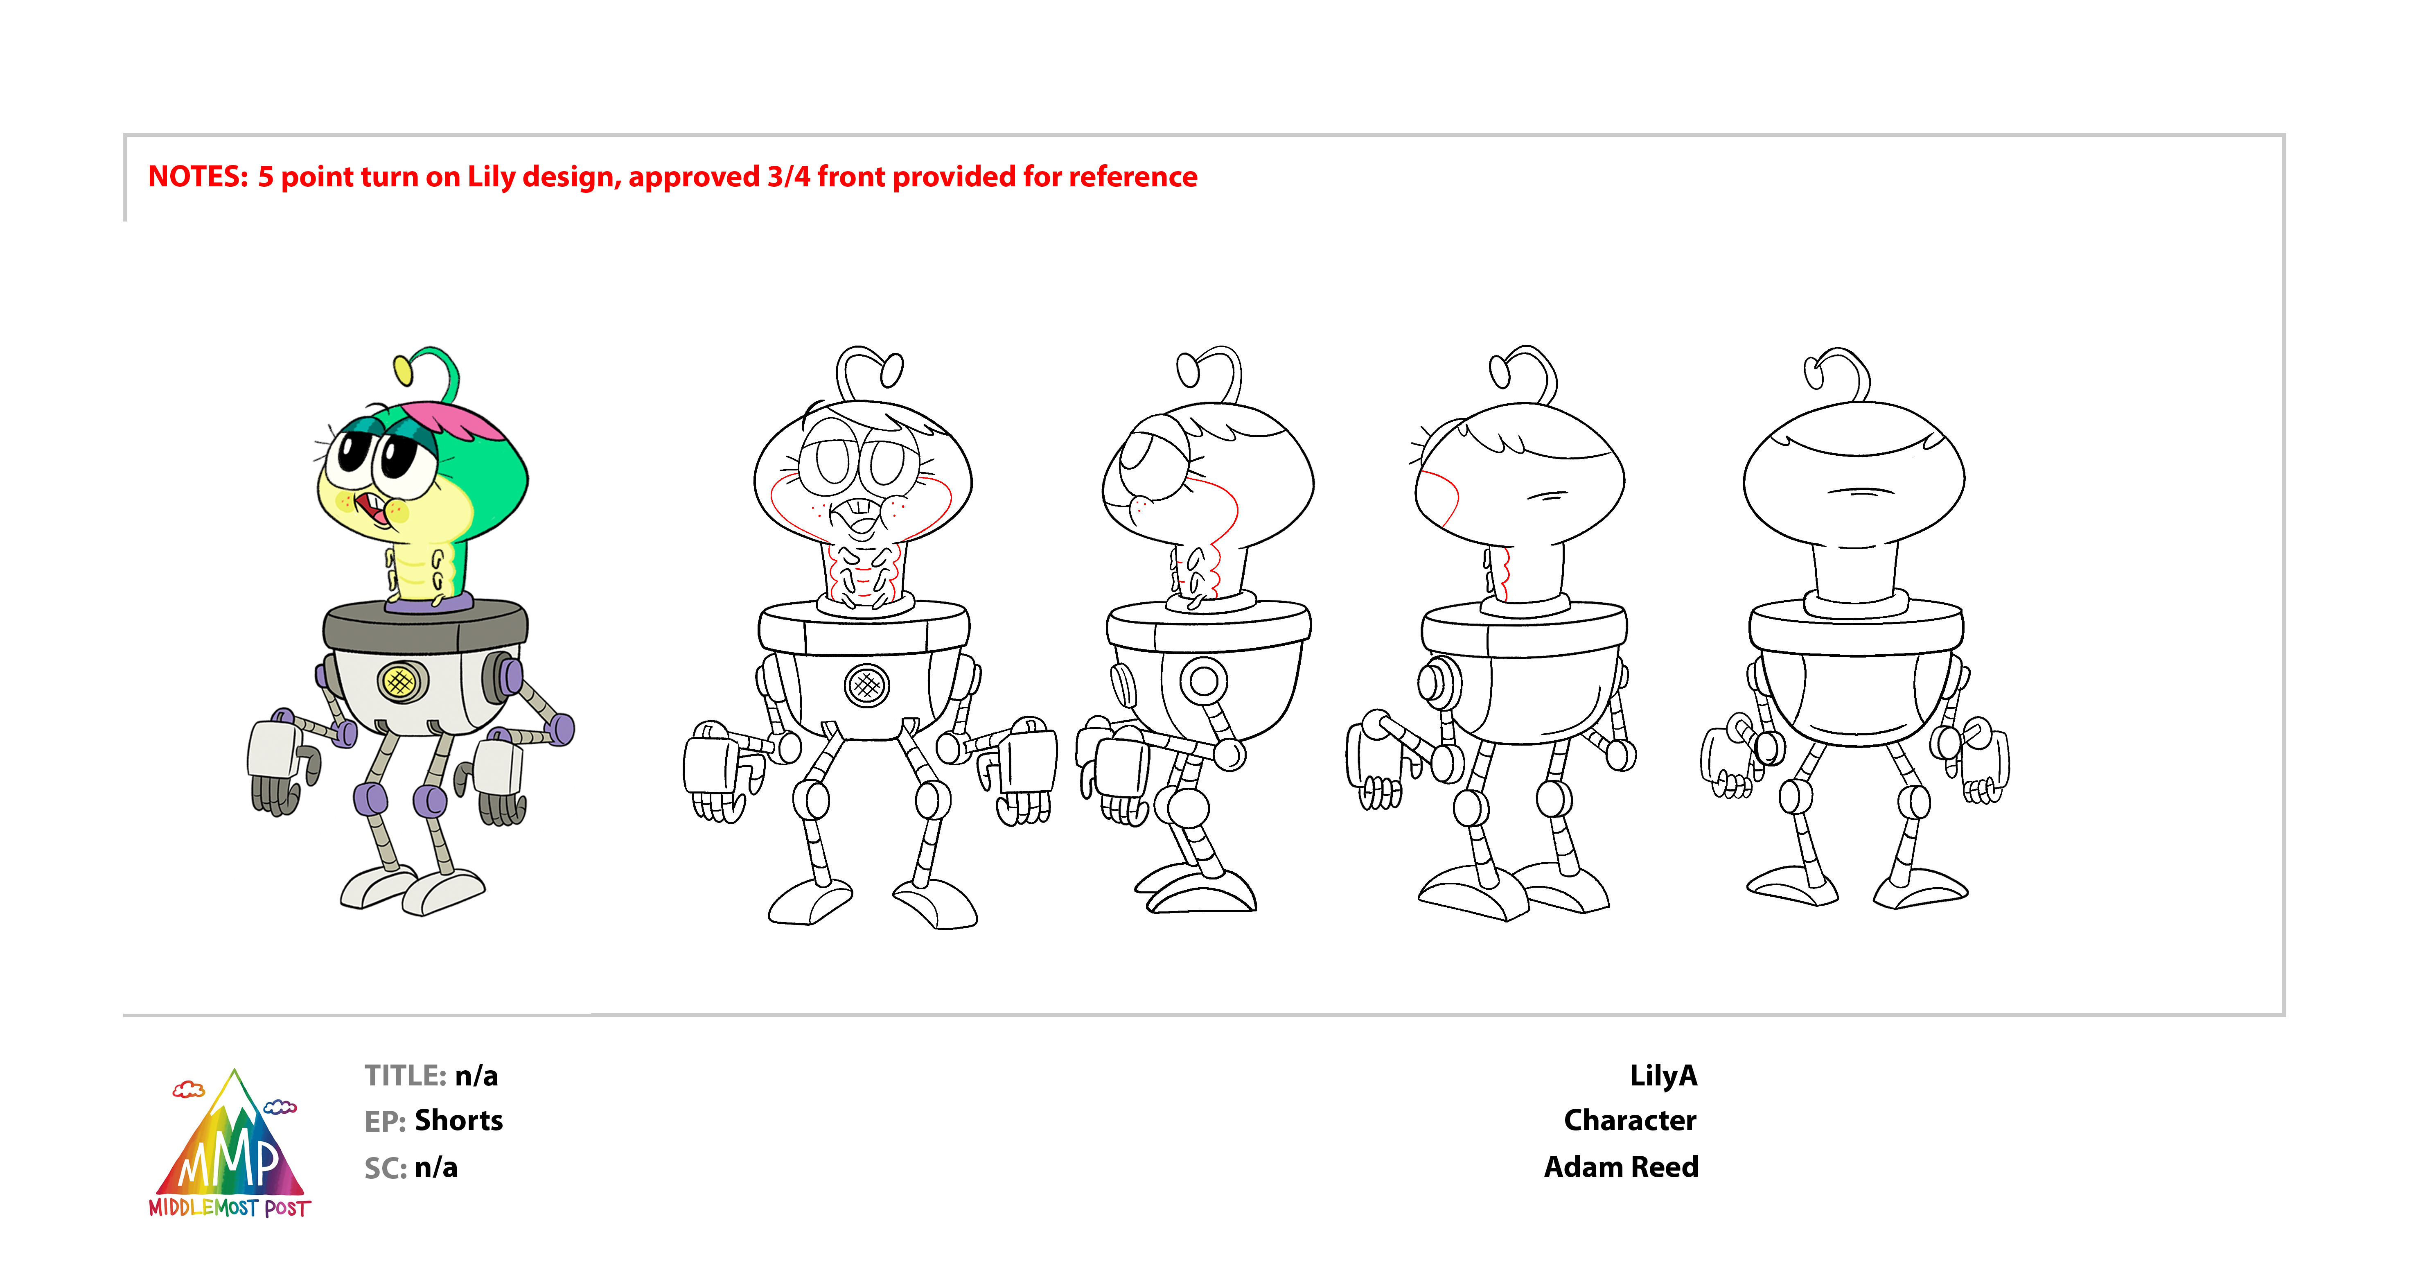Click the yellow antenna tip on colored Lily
(403, 370)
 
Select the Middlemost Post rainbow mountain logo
(231, 1144)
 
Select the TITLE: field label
(405, 1075)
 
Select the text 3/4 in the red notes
(788, 177)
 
